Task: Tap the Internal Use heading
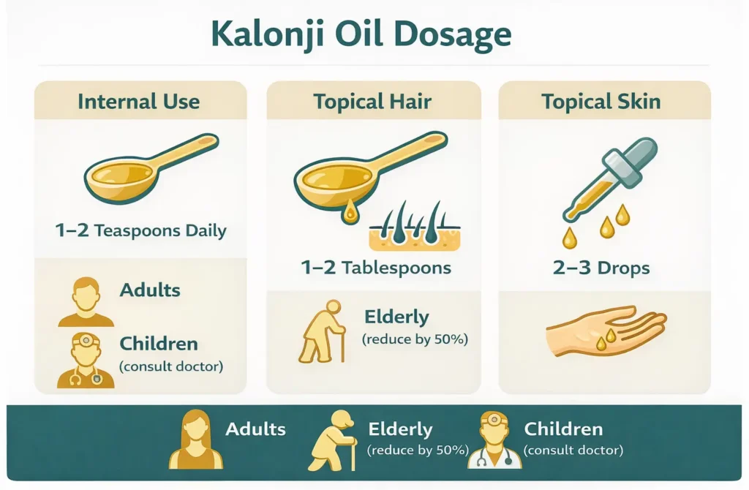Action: coord(139,101)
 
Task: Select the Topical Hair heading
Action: coord(373,101)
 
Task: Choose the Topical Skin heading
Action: coord(601,101)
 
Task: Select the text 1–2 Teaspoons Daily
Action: coord(140,231)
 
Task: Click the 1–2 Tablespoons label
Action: coord(376,268)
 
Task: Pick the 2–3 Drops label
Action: coord(601,268)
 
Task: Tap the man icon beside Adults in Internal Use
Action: coord(86,301)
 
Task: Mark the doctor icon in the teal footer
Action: coord(494,440)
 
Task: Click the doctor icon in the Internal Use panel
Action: coord(86,360)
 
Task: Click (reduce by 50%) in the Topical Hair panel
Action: coord(414,339)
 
